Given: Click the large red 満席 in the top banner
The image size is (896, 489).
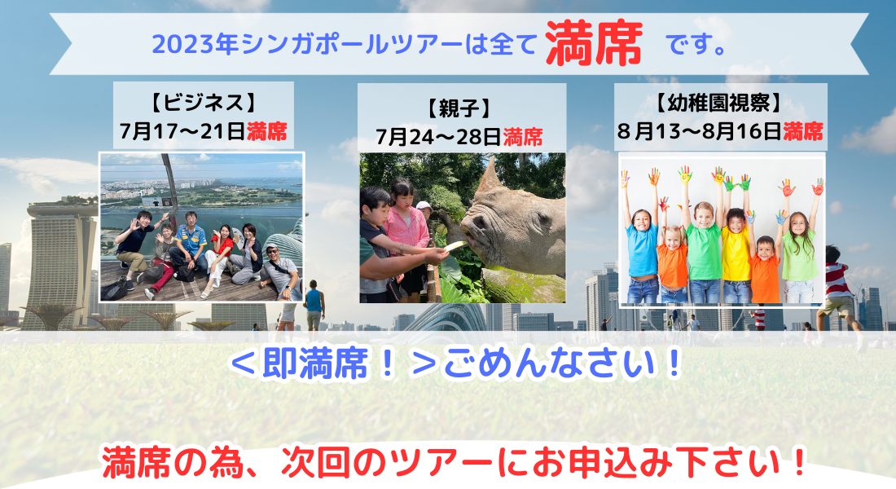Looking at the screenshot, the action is (x=594, y=43).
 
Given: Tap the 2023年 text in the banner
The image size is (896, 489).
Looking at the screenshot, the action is (x=195, y=45).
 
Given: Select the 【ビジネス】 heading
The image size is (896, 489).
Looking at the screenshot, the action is (x=204, y=103).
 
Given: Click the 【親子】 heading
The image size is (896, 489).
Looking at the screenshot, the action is (x=459, y=108).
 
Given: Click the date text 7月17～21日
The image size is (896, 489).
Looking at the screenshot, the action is (x=182, y=131).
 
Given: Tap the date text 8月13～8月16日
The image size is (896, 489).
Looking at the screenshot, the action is (x=700, y=131).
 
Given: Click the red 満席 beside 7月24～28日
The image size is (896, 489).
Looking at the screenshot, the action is (x=523, y=137).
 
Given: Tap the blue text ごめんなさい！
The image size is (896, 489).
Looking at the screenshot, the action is (x=563, y=363).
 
